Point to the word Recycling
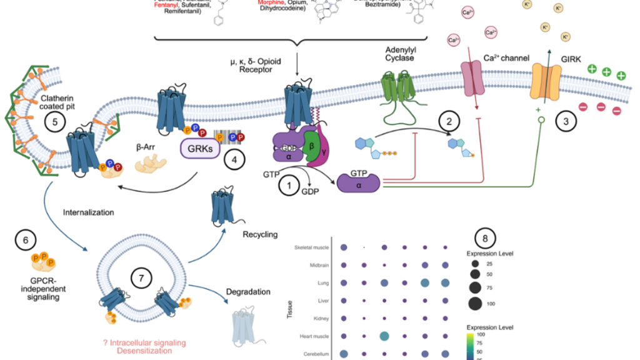coord(260,234)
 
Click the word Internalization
coord(89,212)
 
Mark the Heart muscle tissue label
coord(314,336)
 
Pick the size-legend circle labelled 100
coord(474,305)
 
